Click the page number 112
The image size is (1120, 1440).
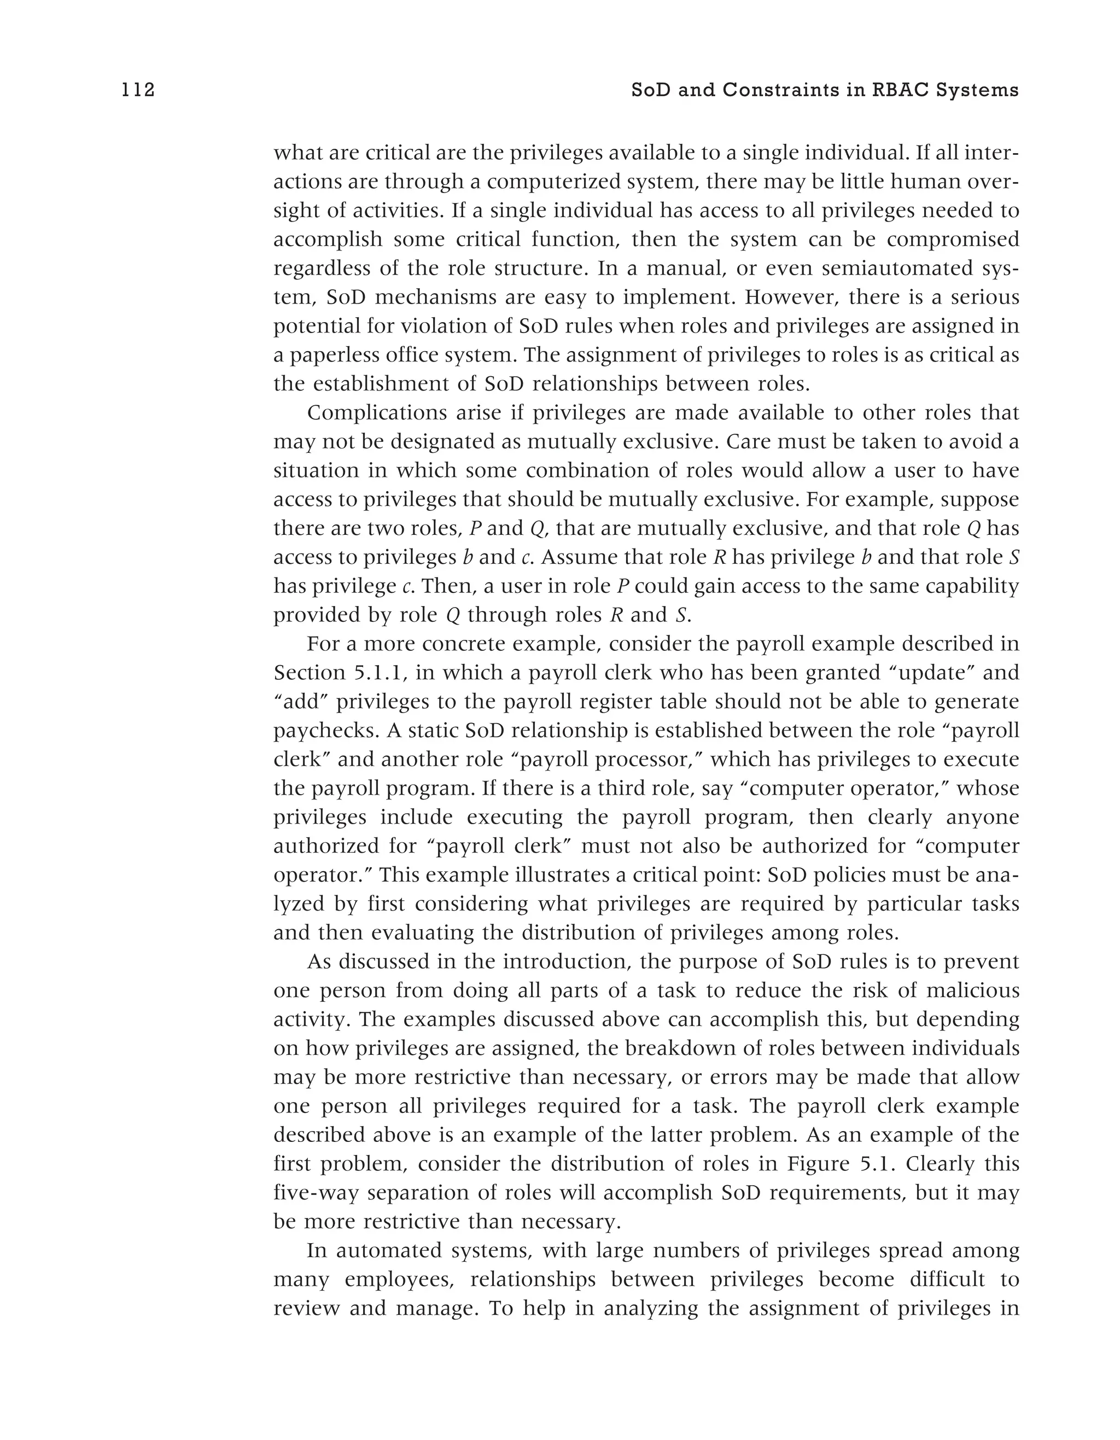coord(138,90)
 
